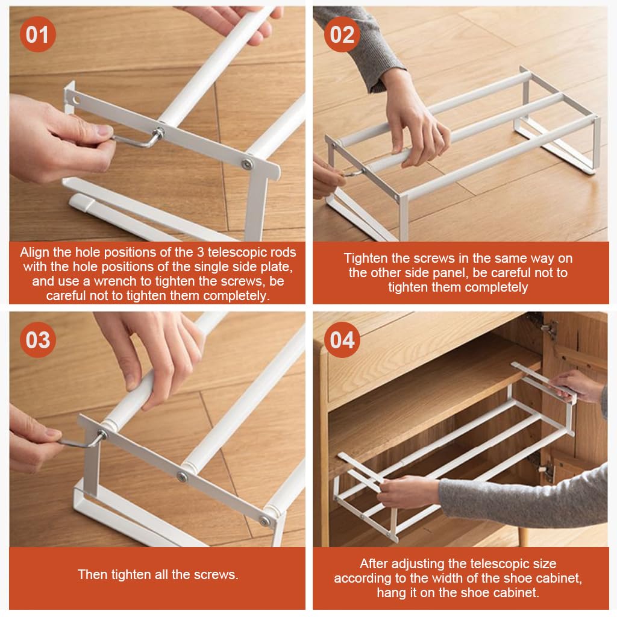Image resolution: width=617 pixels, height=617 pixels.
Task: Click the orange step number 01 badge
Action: coord(37,35)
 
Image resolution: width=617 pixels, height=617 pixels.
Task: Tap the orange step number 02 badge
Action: coord(342,35)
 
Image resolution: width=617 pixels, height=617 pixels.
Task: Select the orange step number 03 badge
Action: coord(37,340)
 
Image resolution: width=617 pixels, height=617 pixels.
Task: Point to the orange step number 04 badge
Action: coord(342,340)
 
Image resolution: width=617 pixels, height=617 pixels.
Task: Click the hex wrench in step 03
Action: coord(78,443)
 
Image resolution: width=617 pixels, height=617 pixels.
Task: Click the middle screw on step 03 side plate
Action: coord(181,477)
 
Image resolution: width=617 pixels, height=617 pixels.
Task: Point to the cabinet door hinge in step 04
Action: coord(549,329)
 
